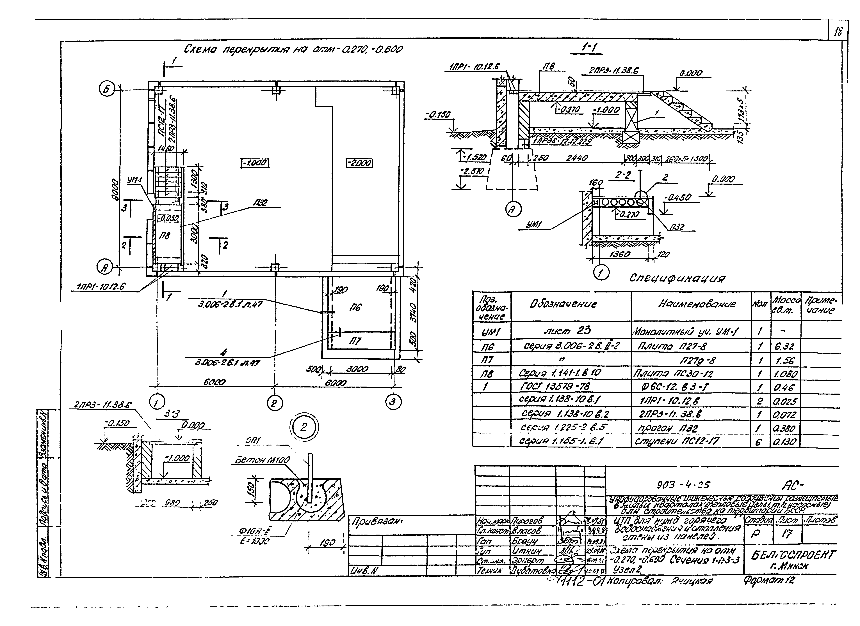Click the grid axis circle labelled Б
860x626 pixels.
107,90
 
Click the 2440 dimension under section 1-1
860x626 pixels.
577,158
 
